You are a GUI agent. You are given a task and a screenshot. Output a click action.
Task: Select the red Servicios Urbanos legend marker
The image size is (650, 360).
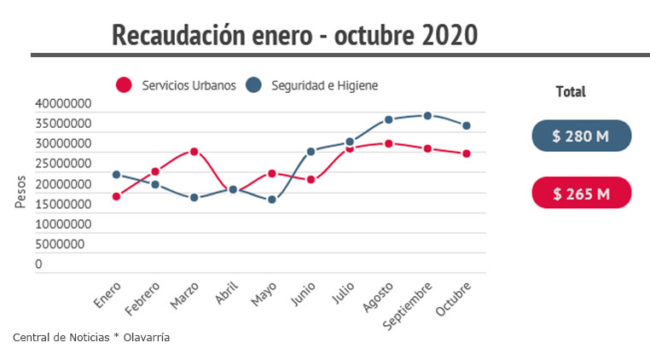125,85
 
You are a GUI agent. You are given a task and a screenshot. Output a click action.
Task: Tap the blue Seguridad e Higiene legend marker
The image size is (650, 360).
252,85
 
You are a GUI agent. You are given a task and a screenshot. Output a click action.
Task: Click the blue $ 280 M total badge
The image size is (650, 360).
581,136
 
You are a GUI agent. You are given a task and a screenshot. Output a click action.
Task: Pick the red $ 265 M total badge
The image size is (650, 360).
581,193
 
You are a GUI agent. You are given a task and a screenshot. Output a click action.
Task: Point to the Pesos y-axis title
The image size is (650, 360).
20,192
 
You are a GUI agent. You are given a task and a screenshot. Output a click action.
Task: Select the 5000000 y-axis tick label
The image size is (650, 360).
61,244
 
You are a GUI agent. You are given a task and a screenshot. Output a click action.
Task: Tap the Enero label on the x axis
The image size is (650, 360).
107,295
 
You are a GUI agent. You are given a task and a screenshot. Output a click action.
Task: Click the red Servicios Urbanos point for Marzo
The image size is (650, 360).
194,152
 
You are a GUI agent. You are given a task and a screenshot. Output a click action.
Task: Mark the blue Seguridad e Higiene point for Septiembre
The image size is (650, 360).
427,115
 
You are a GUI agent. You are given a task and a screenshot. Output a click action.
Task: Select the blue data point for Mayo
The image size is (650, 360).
272,200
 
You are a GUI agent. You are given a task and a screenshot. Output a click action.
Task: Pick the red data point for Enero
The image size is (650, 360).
116,196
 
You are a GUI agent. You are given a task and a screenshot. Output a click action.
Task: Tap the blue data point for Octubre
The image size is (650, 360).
466,125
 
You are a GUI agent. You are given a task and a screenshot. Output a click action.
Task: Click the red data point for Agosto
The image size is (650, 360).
388,143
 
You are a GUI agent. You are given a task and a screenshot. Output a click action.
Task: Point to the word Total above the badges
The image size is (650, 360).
571,91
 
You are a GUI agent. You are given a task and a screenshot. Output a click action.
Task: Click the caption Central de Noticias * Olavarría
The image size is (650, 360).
91,338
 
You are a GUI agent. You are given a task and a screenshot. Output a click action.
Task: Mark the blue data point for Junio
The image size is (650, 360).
311,151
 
